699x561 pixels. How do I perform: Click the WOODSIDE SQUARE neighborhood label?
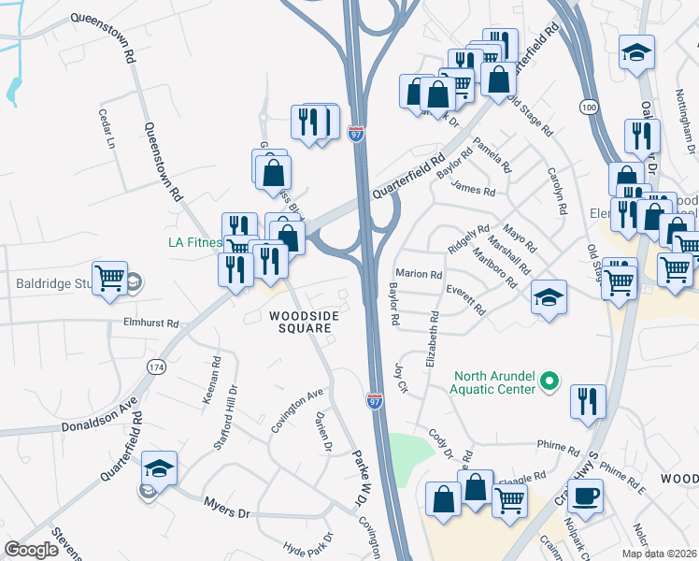click(303, 323)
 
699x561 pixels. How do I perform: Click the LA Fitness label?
click(194, 243)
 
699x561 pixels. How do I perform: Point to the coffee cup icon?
click(585, 496)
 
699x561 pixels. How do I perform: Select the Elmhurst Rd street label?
click(150, 323)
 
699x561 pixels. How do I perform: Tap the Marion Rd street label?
click(419, 275)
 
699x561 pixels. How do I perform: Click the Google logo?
click(31, 550)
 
